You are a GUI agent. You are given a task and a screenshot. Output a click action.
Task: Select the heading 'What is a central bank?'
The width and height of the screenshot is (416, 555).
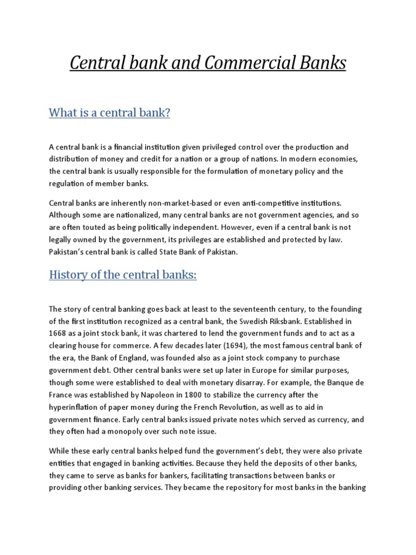109,113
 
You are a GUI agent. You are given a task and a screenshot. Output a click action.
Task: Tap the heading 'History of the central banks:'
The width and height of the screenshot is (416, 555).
123,275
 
